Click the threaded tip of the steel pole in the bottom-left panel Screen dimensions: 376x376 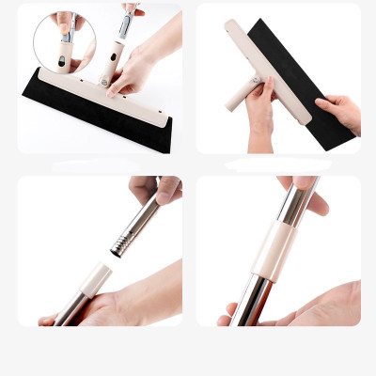pos(119,246)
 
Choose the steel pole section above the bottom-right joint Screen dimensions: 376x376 pos(294,202)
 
